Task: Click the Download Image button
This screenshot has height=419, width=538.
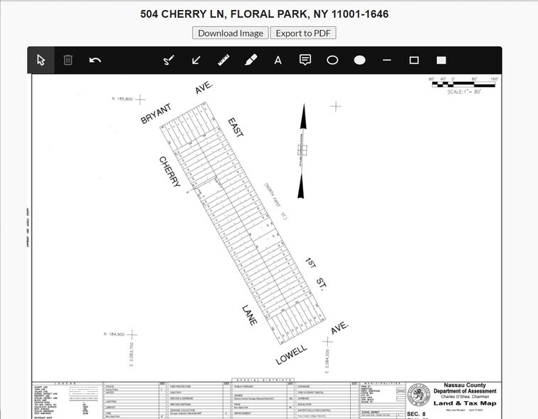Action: point(230,33)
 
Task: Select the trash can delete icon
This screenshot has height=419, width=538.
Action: point(68,61)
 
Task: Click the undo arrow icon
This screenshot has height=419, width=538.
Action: point(95,61)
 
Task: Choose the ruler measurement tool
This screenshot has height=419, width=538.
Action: point(223,61)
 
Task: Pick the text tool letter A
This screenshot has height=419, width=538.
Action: point(278,61)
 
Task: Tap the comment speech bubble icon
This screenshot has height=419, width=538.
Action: point(305,61)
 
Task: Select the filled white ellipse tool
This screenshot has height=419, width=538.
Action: point(359,61)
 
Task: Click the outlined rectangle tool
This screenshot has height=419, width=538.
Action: point(414,61)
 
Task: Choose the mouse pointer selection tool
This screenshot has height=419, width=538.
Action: point(41,61)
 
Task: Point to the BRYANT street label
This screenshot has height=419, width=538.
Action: point(156,113)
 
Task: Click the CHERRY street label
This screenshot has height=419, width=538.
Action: point(169,172)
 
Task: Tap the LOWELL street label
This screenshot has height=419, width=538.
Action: point(291,354)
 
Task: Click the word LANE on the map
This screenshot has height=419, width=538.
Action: point(248,314)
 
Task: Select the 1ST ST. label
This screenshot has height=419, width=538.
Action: point(315,274)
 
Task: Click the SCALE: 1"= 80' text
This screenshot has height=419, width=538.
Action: point(464,92)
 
